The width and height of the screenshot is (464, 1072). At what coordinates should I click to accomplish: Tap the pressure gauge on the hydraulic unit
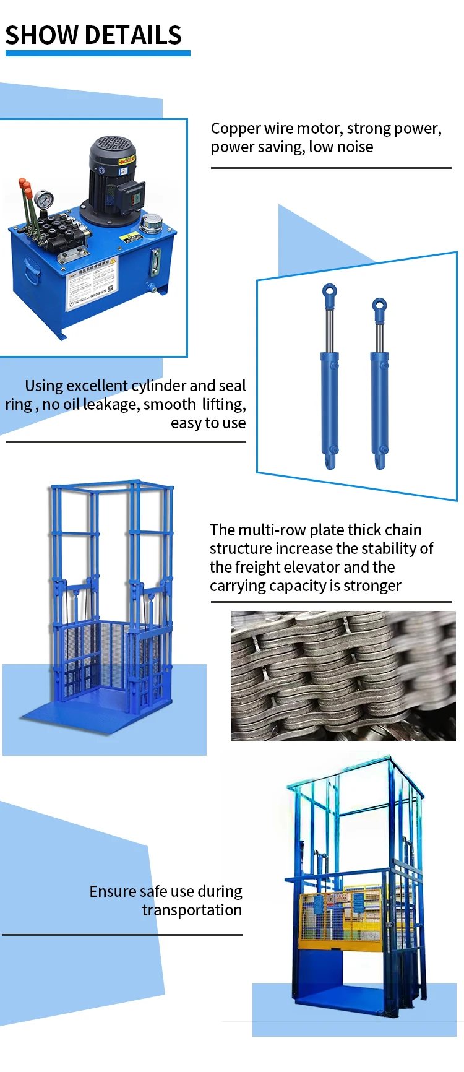44,201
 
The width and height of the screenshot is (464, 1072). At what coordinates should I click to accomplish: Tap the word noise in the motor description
355,147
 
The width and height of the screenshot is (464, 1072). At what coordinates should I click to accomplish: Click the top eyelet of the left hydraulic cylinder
329,292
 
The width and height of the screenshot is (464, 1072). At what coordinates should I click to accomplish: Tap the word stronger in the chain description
374,586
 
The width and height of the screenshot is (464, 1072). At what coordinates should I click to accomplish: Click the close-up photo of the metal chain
343,676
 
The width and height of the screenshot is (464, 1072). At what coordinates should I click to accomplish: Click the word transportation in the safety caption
192,910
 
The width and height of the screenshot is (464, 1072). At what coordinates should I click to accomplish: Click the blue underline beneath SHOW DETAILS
98,54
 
